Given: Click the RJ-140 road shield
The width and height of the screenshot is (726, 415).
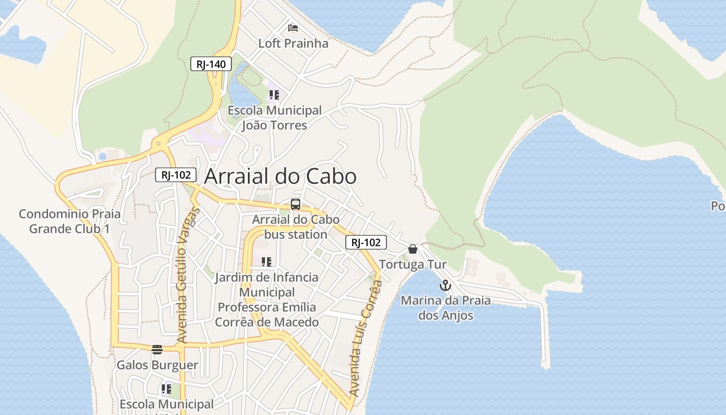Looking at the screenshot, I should point(211,64).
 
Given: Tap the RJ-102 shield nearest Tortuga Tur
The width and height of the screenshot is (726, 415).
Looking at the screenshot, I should point(366,242).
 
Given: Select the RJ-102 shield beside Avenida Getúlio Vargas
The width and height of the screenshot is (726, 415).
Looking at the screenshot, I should point(176,175).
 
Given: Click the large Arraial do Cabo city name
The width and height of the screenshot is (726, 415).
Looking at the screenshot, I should point(280,177).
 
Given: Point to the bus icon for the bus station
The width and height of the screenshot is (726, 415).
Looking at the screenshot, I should point(296,204).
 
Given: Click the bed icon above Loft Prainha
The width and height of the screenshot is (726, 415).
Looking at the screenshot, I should point(293,27).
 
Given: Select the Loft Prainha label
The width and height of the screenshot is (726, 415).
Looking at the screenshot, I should point(293,44).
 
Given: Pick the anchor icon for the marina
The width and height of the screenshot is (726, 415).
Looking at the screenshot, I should point(445,285).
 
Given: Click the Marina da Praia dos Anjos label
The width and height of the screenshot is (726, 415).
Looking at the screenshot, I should point(445,308).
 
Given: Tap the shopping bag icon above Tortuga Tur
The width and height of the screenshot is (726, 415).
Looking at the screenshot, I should point(413,249).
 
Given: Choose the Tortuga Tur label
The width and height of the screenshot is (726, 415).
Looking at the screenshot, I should point(413,265).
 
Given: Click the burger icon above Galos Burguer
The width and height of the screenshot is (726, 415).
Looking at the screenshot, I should point(157,349).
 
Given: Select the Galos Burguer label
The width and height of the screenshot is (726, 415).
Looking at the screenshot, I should point(157,365).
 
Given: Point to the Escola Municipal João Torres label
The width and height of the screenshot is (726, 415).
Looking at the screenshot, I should point(274,118).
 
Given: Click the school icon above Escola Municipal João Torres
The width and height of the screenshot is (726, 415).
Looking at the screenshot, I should point(274,95).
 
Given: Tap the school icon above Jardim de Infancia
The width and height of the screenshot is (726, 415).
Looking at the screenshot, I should point(267,261).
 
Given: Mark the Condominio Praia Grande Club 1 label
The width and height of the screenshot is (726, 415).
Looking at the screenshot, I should point(69,222).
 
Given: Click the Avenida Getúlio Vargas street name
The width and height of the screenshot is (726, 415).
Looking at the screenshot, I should point(188,275).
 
